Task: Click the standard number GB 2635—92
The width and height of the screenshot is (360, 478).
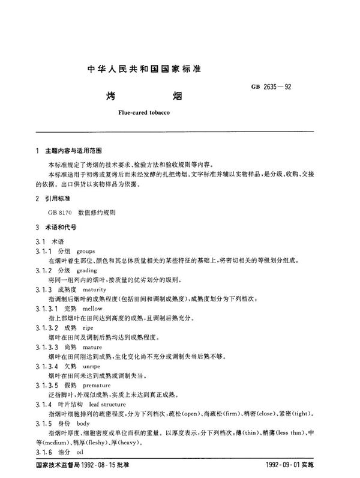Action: pos(271,88)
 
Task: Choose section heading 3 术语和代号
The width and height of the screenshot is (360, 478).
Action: pos(59,228)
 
